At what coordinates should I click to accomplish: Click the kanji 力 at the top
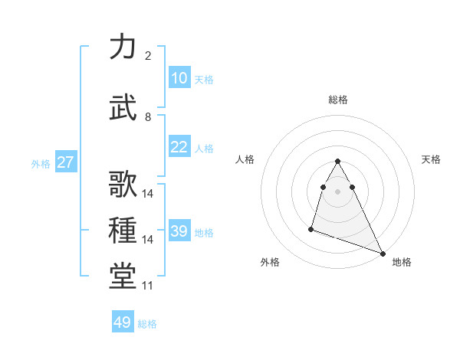pyautogui.click(x=123, y=47)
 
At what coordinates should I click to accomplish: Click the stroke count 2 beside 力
pyautogui.click(x=147, y=56)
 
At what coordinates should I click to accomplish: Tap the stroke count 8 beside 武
pyautogui.click(x=147, y=117)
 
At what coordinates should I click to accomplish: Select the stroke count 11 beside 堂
pyautogui.click(x=147, y=286)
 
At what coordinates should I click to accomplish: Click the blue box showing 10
pyautogui.click(x=179, y=78)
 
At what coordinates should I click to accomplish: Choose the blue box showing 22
pyautogui.click(x=179, y=147)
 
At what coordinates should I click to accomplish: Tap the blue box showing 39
pyautogui.click(x=179, y=231)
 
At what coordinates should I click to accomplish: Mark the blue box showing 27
pyautogui.click(x=66, y=162)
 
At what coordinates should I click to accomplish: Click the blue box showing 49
pyautogui.click(x=123, y=322)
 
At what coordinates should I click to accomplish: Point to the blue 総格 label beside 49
pyautogui.click(x=147, y=324)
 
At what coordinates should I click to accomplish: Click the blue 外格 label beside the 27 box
pyautogui.click(x=41, y=163)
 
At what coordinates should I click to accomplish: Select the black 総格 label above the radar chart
pyautogui.click(x=338, y=100)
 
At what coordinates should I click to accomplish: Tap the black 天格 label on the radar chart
pyautogui.click(x=432, y=159)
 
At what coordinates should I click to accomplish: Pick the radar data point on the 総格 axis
pyautogui.click(x=338, y=161)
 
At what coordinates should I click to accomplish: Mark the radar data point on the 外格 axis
pyautogui.click(x=311, y=228)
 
